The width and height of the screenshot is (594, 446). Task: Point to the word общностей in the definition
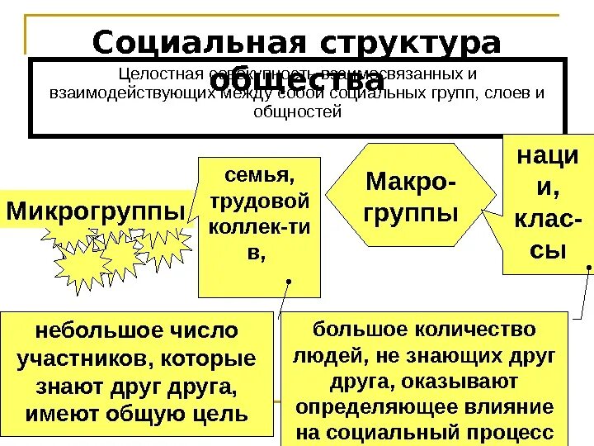299,111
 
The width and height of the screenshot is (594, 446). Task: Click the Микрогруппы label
96,211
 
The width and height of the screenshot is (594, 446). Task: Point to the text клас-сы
546,235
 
